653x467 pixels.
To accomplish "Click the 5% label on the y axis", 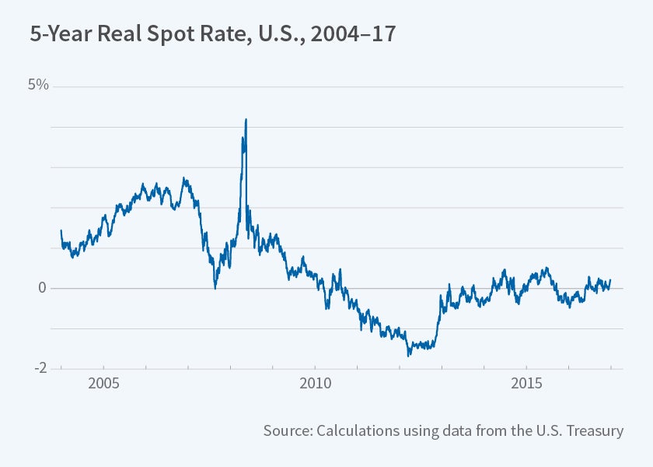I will coord(38,85).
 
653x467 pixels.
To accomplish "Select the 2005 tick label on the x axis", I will coord(103,384).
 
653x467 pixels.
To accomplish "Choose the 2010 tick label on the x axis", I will coord(315,384).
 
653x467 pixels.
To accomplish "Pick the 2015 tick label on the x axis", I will coord(526,384).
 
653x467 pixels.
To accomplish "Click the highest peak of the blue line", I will coord(246,120).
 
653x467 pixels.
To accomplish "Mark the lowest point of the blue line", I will coord(409,356).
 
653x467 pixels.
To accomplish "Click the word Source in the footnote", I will coord(288,430).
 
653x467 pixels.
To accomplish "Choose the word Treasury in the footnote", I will coord(596,430).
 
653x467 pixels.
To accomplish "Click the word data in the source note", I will coord(457,430).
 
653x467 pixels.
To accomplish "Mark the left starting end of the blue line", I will coord(61,230).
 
